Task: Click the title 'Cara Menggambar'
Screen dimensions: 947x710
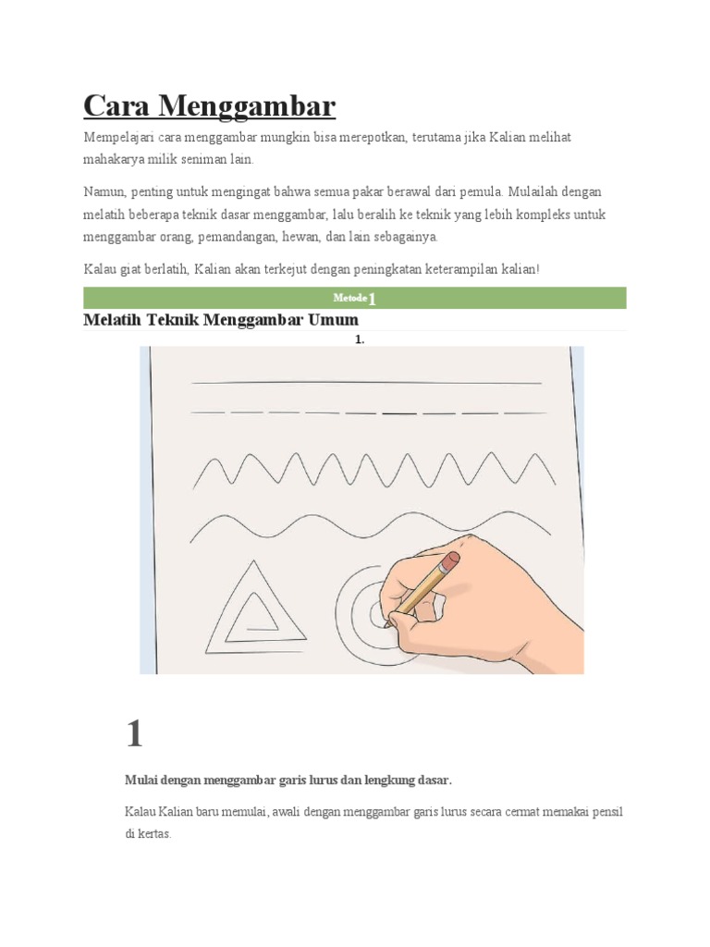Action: click(x=209, y=106)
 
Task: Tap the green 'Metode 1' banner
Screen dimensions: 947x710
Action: click(x=355, y=298)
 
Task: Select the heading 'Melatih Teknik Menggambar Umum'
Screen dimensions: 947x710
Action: click(x=220, y=320)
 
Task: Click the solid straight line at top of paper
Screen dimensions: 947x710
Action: click(x=366, y=381)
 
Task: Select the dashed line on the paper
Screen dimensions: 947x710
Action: click(x=366, y=412)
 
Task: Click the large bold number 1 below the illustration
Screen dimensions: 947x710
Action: click(x=135, y=733)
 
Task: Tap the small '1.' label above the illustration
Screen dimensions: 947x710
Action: click(x=360, y=340)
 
